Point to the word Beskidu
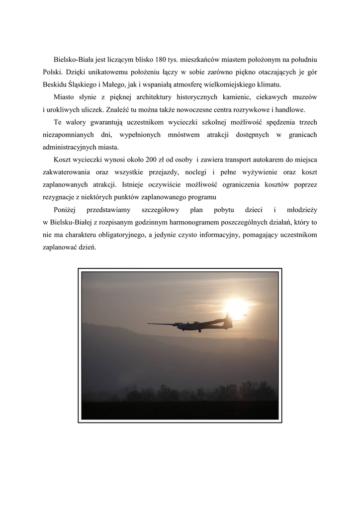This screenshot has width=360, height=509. coord(55,85)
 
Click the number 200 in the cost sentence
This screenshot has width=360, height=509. coord(151,160)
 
